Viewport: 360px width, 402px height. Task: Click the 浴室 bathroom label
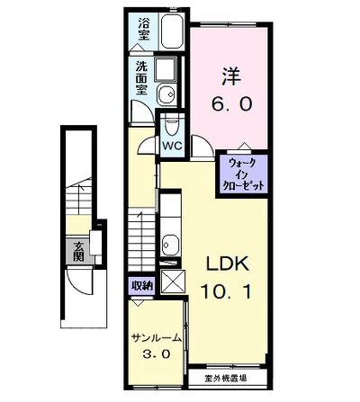coord(144,29)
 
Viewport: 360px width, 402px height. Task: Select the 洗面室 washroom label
coord(141,78)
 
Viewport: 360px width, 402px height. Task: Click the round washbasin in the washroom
coord(167,94)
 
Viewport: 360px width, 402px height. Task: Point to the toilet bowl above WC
coord(172,127)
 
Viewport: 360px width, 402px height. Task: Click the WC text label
coord(172,146)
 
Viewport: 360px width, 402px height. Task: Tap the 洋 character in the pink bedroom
coord(231,76)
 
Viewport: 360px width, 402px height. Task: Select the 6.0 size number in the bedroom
coord(231,104)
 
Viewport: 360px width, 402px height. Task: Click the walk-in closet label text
coord(243,174)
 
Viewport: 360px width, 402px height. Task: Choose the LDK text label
coord(227,264)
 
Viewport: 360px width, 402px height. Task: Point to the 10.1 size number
coord(226,291)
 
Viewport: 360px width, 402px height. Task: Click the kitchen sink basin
coord(170,245)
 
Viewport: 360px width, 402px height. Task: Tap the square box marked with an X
coord(173,281)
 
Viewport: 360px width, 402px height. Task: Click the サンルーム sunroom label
coord(157,338)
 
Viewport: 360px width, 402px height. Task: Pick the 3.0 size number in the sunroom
coord(157,354)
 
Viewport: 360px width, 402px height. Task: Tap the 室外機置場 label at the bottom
coord(226,379)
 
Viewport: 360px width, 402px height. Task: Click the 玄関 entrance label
coord(78,251)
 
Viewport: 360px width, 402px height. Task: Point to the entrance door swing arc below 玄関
coord(78,285)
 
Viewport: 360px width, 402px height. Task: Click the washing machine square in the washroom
coord(166,70)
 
